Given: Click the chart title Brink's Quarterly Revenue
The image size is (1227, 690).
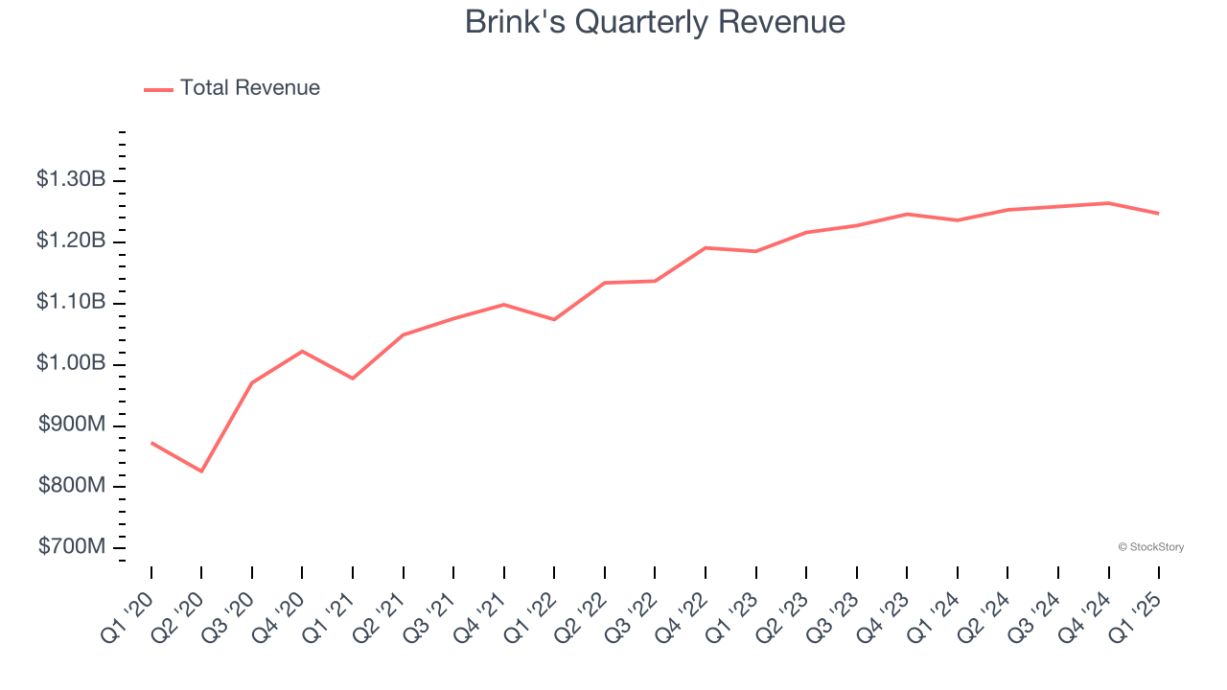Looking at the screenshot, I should point(655,22).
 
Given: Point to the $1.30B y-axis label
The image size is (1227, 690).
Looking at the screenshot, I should point(71,179).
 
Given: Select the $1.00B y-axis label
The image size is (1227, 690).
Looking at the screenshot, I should point(71,364).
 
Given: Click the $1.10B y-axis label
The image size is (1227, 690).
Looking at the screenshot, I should point(71,302).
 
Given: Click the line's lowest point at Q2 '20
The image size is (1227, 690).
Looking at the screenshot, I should point(201,471).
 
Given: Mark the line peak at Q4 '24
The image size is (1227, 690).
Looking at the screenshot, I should point(1108,203).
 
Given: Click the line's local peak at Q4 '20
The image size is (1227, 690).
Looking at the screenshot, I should point(302,351).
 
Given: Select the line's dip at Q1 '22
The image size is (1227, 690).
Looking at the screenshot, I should point(554,319).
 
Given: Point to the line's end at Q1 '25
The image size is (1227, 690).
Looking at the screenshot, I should point(1158,214).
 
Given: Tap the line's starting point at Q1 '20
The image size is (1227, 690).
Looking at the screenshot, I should point(151,443).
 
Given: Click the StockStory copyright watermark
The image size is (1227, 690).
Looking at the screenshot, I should point(1150,547).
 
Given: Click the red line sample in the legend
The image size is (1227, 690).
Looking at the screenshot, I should point(158,89).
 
